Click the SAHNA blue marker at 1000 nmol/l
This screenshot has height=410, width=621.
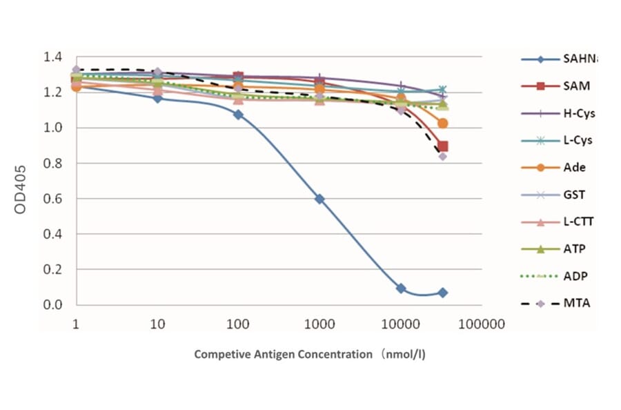pyautogui.click(x=319, y=199)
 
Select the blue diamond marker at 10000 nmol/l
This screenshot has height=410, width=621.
pyautogui.click(x=401, y=288)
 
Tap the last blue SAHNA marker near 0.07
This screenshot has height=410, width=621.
pyautogui.click(x=442, y=293)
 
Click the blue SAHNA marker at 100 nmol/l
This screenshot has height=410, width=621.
pyautogui.click(x=238, y=115)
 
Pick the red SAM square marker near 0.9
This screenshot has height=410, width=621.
pyautogui.click(x=443, y=146)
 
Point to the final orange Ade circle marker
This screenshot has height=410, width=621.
pyautogui.click(x=443, y=123)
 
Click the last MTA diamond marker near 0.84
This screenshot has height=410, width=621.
pyautogui.click(x=442, y=156)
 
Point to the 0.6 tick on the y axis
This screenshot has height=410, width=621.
pyautogui.click(x=54, y=199)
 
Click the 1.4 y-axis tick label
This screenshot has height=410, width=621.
pyautogui.click(x=54, y=57)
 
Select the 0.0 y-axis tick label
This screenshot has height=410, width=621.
pyautogui.click(x=54, y=305)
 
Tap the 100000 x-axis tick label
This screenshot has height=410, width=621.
pyautogui.click(x=482, y=323)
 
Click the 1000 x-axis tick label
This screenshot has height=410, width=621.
pyautogui.click(x=319, y=323)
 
